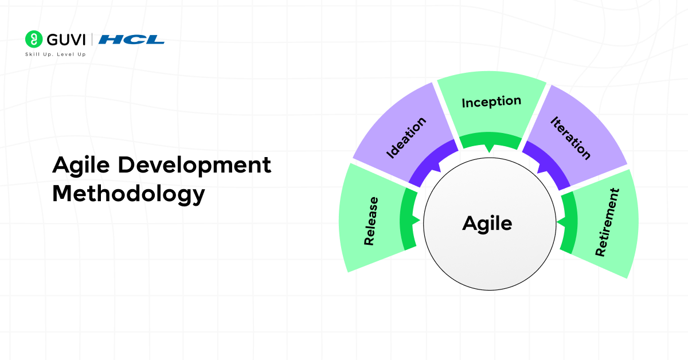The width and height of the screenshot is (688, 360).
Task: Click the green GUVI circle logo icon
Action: click(x=34, y=39)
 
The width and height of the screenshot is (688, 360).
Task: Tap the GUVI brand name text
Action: click(x=66, y=40)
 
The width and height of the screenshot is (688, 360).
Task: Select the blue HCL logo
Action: click(x=131, y=40)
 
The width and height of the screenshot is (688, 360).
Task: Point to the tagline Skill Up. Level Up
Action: click(x=56, y=54)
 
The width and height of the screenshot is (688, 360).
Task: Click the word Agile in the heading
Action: click(x=81, y=166)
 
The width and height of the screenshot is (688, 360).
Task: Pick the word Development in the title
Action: click(x=194, y=166)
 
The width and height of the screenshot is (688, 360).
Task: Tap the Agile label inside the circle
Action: click(x=487, y=224)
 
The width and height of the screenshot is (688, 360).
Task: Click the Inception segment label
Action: click(x=491, y=101)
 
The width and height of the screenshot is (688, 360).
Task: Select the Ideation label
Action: click(x=406, y=138)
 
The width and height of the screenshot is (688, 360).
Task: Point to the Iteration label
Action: click(x=570, y=138)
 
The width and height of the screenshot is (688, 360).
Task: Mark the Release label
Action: click(x=371, y=221)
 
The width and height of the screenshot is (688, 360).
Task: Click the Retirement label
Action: click(x=607, y=222)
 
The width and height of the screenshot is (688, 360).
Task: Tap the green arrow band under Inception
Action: click(x=491, y=140)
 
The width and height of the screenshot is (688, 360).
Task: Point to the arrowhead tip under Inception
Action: click(x=489, y=152)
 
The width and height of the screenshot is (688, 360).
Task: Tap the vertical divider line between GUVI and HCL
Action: click(x=92, y=40)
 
